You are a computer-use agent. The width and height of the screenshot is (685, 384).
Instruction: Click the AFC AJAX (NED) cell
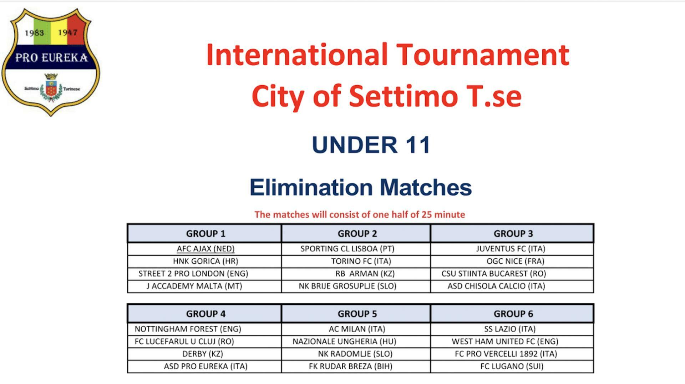pyautogui.click(x=205, y=249)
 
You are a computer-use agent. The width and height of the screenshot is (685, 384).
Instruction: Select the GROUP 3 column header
pyautogui.click(x=513, y=234)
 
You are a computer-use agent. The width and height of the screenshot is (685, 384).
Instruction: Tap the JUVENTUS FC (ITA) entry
pyautogui.click(x=511, y=249)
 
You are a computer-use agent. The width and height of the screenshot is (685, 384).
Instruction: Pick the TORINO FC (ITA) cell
pyautogui.click(x=361, y=261)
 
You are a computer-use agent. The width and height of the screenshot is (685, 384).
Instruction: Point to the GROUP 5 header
pyautogui.click(x=357, y=314)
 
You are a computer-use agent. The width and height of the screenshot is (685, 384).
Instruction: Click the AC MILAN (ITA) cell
pyautogui.click(x=357, y=329)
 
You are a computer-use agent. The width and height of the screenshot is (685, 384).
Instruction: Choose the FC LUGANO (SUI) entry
pyautogui.click(x=512, y=367)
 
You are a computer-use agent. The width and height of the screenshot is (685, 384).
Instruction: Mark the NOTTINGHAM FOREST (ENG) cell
pyautogui.click(x=188, y=329)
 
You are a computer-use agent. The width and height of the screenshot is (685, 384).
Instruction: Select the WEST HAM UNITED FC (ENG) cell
pyautogui.click(x=505, y=342)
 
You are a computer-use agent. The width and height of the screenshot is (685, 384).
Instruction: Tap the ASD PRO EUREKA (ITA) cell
pyautogui.click(x=205, y=367)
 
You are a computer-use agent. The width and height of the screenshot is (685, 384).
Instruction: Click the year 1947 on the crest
pyautogui.click(x=68, y=32)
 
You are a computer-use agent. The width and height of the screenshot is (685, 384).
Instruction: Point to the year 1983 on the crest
pyautogui.click(x=34, y=33)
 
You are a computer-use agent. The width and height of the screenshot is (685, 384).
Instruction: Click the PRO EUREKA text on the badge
pyautogui.click(x=51, y=57)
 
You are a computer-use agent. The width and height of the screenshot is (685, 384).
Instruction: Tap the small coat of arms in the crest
pyautogui.click(x=51, y=87)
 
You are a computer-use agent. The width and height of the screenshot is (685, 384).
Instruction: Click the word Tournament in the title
pyautogui.click(x=483, y=55)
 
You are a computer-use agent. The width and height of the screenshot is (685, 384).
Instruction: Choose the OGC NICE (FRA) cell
pyautogui.click(x=515, y=261)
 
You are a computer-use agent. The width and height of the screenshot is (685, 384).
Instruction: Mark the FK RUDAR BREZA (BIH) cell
pyautogui.click(x=351, y=367)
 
